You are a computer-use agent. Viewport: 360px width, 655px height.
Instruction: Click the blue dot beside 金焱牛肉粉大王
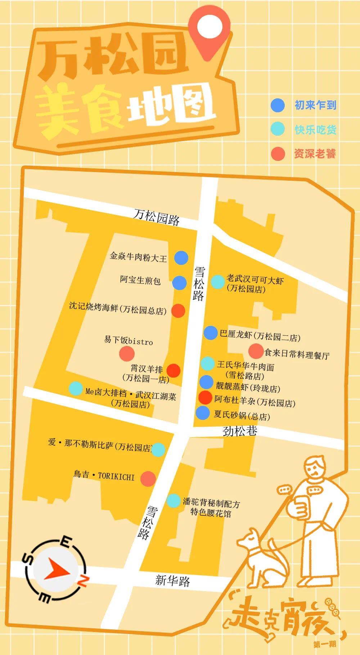(181, 258)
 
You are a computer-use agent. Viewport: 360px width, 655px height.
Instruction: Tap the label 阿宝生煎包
(140, 280)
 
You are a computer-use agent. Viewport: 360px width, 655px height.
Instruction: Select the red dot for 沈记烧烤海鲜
(178, 311)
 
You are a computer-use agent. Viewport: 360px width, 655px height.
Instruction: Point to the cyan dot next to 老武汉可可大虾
(217, 282)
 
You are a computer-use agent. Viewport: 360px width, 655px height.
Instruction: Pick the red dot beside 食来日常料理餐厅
(256, 351)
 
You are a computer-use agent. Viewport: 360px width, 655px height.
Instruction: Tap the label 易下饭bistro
(129, 340)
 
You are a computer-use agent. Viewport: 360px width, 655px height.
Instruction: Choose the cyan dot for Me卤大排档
(76, 388)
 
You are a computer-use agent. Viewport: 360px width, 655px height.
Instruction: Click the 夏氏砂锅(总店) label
(242, 415)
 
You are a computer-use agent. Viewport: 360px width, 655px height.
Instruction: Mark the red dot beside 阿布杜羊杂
(205, 397)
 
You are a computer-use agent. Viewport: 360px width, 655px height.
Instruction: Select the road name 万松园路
(156, 217)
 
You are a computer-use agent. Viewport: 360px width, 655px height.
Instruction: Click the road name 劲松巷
(240, 430)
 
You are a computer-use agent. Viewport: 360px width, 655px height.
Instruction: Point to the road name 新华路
(172, 580)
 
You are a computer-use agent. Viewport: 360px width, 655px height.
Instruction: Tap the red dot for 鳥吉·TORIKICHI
(148, 478)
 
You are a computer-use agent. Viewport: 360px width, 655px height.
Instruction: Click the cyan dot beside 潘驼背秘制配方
(174, 501)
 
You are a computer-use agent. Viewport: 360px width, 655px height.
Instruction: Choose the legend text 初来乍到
(315, 105)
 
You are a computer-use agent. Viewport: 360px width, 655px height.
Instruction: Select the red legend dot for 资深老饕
(278, 154)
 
